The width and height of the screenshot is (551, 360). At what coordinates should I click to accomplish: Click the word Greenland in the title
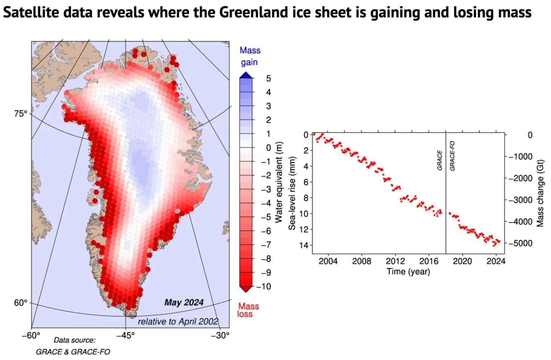(x=248, y=13)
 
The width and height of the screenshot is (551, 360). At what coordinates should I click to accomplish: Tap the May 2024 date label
(x=184, y=303)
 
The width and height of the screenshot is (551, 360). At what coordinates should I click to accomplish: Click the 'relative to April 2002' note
(x=178, y=321)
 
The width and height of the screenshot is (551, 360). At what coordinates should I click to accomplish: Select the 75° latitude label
(x=20, y=114)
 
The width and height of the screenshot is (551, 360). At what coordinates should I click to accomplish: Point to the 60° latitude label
(x=20, y=303)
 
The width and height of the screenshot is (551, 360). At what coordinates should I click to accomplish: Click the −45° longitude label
(x=126, y=335)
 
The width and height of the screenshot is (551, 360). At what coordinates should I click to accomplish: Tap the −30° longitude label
(x=220, y=335)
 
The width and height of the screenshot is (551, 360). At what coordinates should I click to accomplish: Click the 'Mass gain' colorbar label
(x=250, y=56)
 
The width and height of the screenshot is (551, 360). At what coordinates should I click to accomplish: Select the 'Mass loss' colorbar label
(x=248, y=310)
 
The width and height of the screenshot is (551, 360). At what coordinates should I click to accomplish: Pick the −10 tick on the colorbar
(x=264, y=286)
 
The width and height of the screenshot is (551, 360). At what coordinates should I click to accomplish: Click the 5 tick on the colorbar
(x=268, y=79)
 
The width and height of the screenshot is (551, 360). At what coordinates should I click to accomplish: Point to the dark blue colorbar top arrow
(x=246, y=75)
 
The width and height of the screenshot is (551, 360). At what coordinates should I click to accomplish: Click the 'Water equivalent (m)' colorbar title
(x=279, y=182)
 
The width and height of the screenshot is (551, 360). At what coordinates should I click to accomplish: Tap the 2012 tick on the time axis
(x=395, y=261)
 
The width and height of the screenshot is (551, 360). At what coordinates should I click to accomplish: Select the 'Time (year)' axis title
(x=408, y=271)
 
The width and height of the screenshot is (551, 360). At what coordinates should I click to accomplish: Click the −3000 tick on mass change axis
(x=521, y=200)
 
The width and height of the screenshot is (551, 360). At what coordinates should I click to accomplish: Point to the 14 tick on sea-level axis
(x=304, y=245)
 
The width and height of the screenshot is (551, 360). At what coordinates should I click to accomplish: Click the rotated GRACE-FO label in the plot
(x=452, y=156)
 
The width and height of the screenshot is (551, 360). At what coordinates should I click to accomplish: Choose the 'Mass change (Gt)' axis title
(x=540, y=193)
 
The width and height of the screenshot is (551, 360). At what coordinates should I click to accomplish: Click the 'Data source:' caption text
(x=75, y=340)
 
